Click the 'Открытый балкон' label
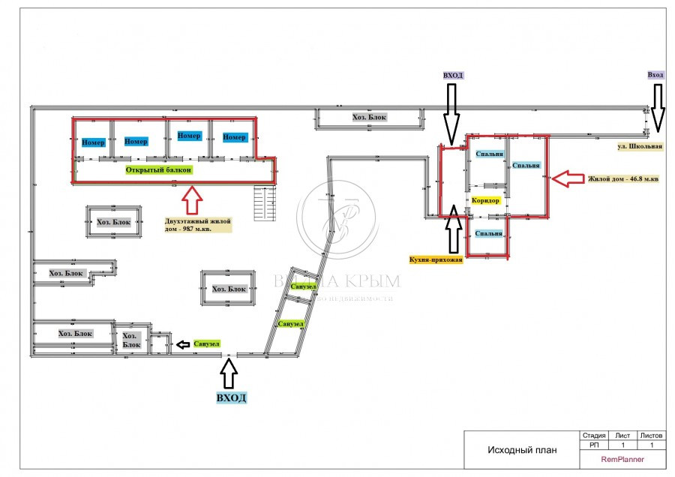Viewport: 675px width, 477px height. click(159, 170)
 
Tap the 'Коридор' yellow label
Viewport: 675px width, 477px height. click(485, 201)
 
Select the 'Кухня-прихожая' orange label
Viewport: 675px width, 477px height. click(436, 259)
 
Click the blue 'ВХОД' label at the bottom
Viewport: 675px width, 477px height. click(231, 397)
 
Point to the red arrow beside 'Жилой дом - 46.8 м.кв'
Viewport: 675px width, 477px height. click(567, 178)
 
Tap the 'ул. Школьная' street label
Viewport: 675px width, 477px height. click(640, 147)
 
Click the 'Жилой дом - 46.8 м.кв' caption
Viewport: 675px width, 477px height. click(623, 179)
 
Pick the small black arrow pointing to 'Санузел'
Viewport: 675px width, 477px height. click(182, 344)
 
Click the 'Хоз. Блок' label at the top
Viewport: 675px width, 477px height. click(369, 118)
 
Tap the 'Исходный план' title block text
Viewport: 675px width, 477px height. click(523, 450)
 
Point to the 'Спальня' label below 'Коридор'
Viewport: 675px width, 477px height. click(488, 233)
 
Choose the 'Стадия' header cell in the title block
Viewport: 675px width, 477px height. click(593, 435)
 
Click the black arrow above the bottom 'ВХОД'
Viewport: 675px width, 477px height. click(229, 371)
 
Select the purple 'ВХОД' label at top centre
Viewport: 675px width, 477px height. click(453, 76)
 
